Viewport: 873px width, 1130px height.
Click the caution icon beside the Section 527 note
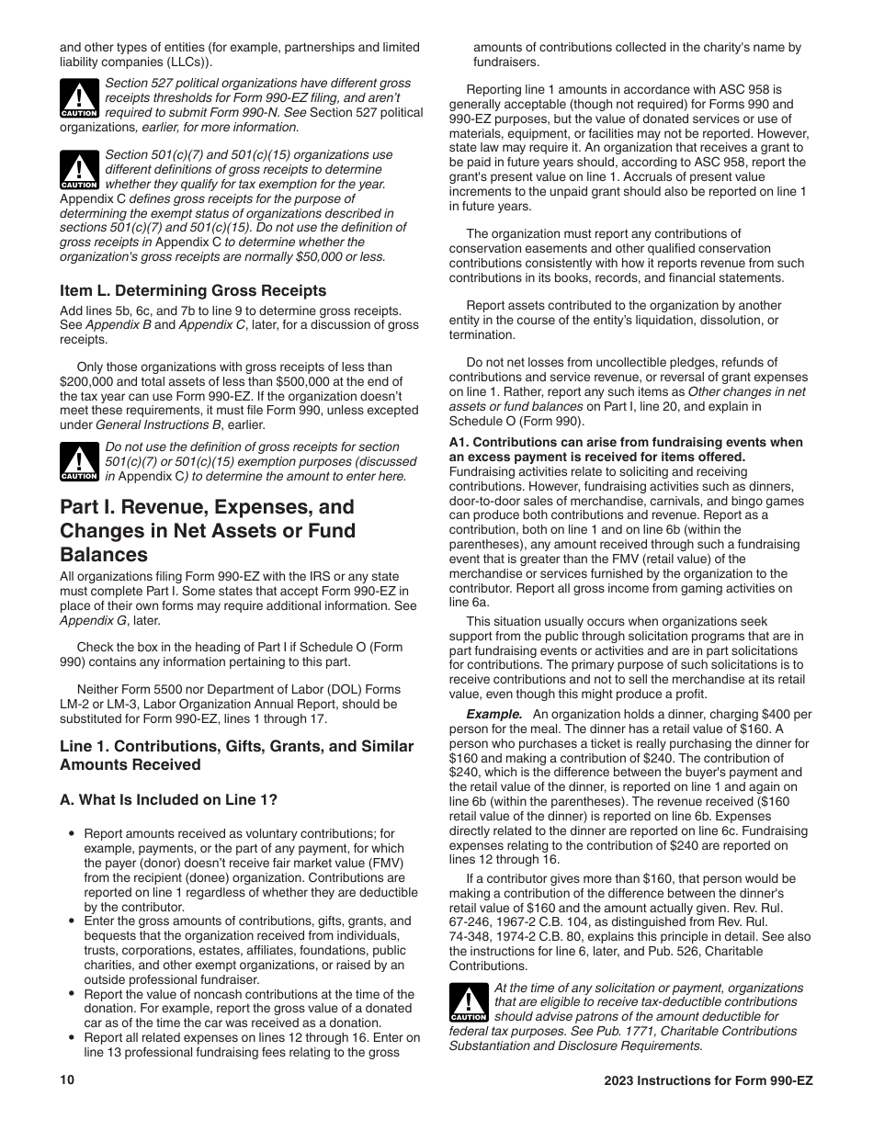coord(79,97)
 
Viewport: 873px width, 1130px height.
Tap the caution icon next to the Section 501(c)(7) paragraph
coord(79,170)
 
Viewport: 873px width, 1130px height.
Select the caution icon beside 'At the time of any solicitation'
coord(468,1003)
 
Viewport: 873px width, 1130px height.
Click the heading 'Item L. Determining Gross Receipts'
coord(193,290)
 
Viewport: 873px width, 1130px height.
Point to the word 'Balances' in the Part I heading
coord(104,555)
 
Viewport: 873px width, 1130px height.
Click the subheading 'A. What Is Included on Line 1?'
coord(175,800)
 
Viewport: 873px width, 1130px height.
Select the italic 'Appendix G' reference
coord(92,620)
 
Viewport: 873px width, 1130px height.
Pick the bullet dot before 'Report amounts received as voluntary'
coord(71,835)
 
